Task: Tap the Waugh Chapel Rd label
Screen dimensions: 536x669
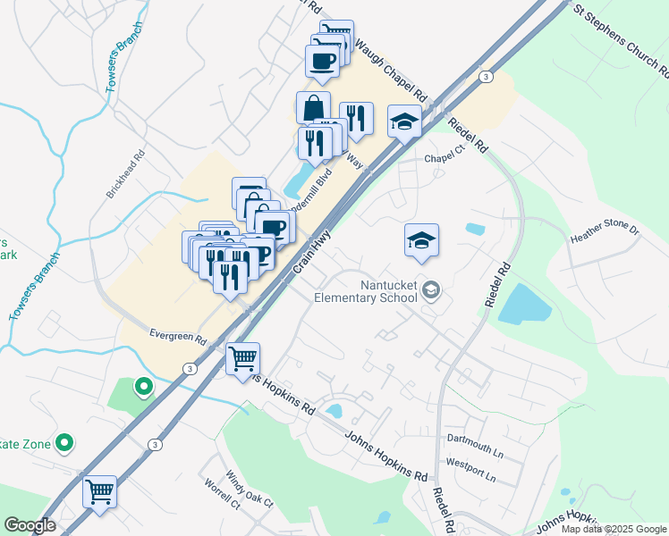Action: pyautogui.click(x=391, y=70)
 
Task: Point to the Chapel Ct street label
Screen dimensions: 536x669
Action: pyautogui.click(x=445, y=156)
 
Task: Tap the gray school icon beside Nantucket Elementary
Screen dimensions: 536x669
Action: pyautogui.click(x=432, y=289)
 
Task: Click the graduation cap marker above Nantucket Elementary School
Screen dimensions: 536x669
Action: pyautogui.click(x=422, y=241)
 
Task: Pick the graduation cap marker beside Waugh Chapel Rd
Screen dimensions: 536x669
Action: pyautogui.click(x=404, y=121)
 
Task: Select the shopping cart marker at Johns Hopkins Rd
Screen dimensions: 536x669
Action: pyautogui.click(x=242, y=360)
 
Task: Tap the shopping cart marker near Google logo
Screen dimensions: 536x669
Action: pyautogui.click(x=99, y=491)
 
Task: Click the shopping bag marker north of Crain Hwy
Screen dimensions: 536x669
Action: pyautogui.click(x=313, y=108)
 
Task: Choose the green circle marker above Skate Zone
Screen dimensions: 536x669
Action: pyautogui.click(x=141, y=388)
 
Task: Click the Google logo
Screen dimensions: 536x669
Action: pyautogui.click(x=30, y=525)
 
